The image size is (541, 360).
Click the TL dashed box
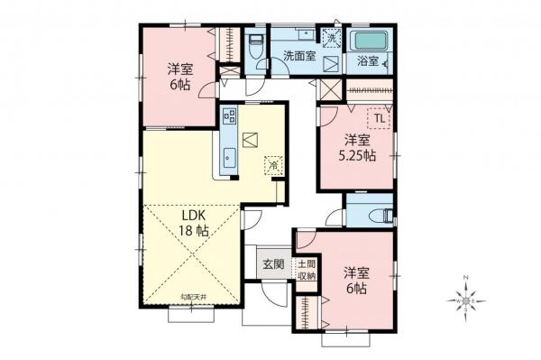(x=378, y=118)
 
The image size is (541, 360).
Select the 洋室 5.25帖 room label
(x=357, y=148)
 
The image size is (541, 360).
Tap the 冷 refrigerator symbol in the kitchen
(x=271, y=165)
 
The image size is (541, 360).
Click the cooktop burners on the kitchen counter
(x=228, y=115)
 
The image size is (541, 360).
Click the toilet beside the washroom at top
(x=255, y=45)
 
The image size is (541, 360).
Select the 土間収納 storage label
(x=307, y=270)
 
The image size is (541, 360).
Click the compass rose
(x=468, y=298)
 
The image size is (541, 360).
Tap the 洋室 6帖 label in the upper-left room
(x=178, y=77)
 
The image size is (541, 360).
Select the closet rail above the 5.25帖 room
(x=369, y=89)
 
